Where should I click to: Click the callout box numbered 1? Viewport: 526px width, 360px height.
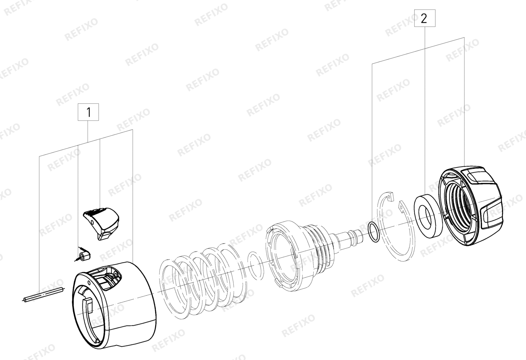(x=88, y=112)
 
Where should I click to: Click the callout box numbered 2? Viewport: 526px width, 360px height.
(x=424, y=18)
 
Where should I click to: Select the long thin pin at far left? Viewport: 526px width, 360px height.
(x=44, y=295)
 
